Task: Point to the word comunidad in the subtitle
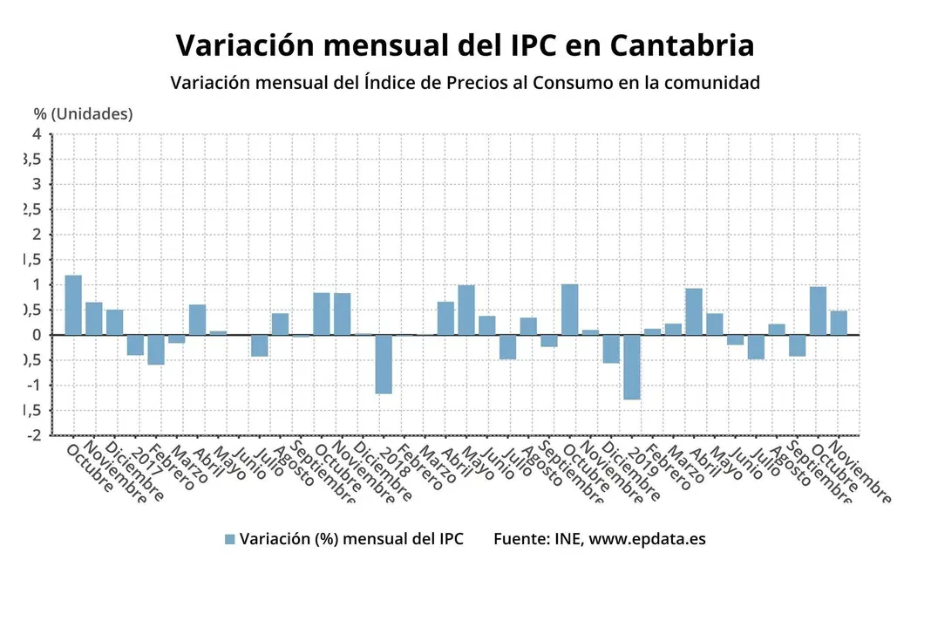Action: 711,83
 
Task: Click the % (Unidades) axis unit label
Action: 84,114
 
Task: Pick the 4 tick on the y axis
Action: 37,133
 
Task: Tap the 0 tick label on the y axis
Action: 37,335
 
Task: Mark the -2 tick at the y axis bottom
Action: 33,435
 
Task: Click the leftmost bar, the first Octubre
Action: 73,305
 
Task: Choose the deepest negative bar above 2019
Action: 632,366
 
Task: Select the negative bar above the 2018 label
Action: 384,364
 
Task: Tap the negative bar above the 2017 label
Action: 135,345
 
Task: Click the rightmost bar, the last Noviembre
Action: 839,323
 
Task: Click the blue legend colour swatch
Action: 230,539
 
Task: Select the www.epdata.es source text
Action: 647,539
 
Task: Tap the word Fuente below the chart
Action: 520,539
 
